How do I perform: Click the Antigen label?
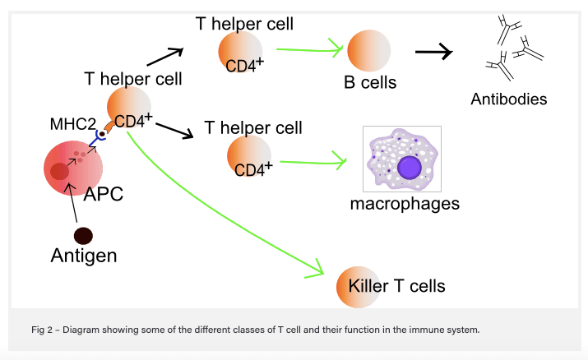(x=84, y=256)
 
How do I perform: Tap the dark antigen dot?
(x=83, y=236)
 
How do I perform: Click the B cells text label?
(x=370, y=82)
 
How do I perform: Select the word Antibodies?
(x=509, y=99)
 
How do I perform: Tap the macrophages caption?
(x=405, y=203)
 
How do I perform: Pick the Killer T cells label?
(x=396, y=286)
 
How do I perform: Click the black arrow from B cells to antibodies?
(x=433, y=53)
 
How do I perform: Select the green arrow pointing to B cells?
(x=308, y=48)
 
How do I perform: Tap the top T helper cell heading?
(x=244, y=23)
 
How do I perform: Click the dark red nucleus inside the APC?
(x=59, y=171)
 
